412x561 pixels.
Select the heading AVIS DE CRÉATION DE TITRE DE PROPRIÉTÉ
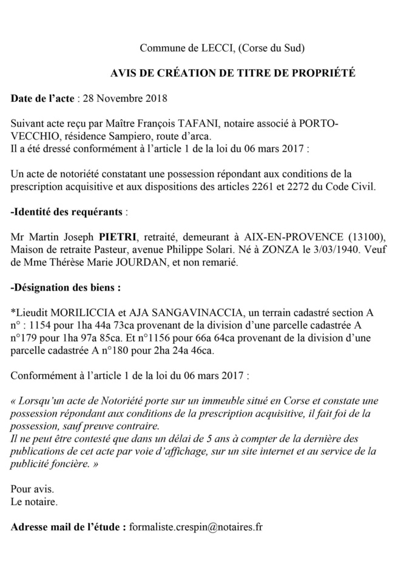pyautogui.click(x=233, y=73)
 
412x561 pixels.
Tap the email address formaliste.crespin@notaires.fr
pyautogui.click(x=196, y=527)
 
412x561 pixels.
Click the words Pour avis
pyautogui.click(x=33, y=489)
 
